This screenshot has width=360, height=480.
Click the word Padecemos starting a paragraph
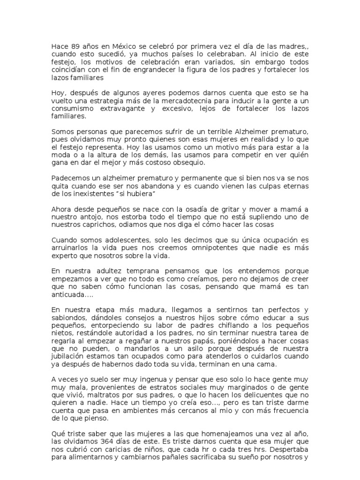click(69, 179)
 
